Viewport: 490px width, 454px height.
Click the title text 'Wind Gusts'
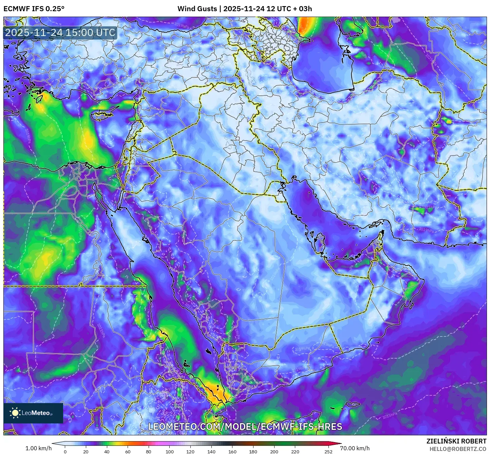coord(197,9)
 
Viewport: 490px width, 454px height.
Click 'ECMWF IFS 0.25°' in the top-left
coord(34,9)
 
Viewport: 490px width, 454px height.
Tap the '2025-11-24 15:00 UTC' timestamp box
coord(60,33)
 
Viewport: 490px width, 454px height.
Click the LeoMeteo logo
coord(33,413)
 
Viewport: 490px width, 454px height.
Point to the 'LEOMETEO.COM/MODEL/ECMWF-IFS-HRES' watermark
coord(245,427)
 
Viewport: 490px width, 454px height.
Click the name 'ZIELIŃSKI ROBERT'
coord(456,441)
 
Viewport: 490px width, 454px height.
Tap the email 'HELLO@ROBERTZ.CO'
coord(458,449)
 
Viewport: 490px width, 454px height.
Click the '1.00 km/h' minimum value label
coord(39,448)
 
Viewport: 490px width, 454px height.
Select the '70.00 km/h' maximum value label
coord(355,448)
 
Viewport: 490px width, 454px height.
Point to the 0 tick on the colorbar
coord(65,452)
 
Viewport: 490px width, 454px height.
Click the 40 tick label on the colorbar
coord(107,452)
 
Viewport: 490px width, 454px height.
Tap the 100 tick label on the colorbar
coord(170,452)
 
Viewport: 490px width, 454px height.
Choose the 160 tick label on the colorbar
coord(232,452)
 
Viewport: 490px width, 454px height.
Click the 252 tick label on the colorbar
coord(328,452)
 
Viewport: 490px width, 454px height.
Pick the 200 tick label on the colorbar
coord(274,452)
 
